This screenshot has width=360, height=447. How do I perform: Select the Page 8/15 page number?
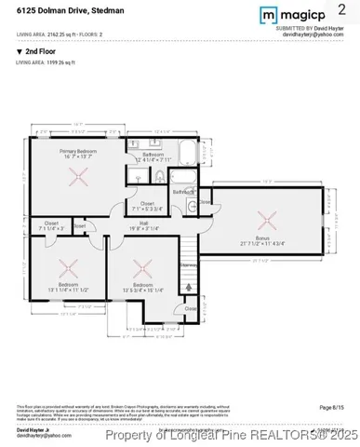(x=331, y=407)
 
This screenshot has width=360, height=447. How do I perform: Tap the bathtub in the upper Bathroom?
(x=183, y=152)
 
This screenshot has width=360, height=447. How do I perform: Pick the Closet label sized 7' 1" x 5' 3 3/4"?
(x=147, y=206)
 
